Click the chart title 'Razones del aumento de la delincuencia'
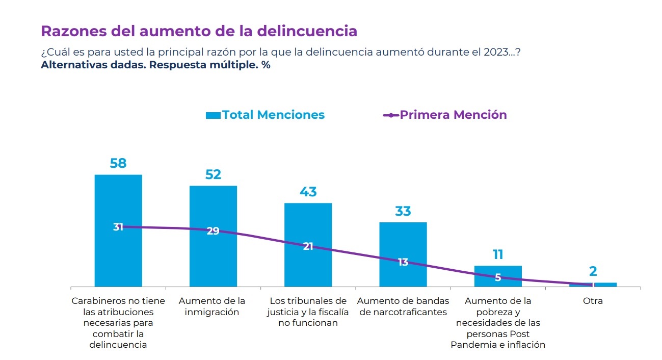199,31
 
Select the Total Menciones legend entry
265,115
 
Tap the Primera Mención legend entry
445,115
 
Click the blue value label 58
118,164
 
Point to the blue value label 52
213,174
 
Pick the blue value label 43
308,192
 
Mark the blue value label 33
403,211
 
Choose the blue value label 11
498,254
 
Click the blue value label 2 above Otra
593,272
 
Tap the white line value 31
118,227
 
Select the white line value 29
213,230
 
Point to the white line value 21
308,246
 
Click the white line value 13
403,262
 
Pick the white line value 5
498,278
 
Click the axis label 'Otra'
593,301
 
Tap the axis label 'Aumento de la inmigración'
213,306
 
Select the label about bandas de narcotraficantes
403,306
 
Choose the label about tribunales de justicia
308,312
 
